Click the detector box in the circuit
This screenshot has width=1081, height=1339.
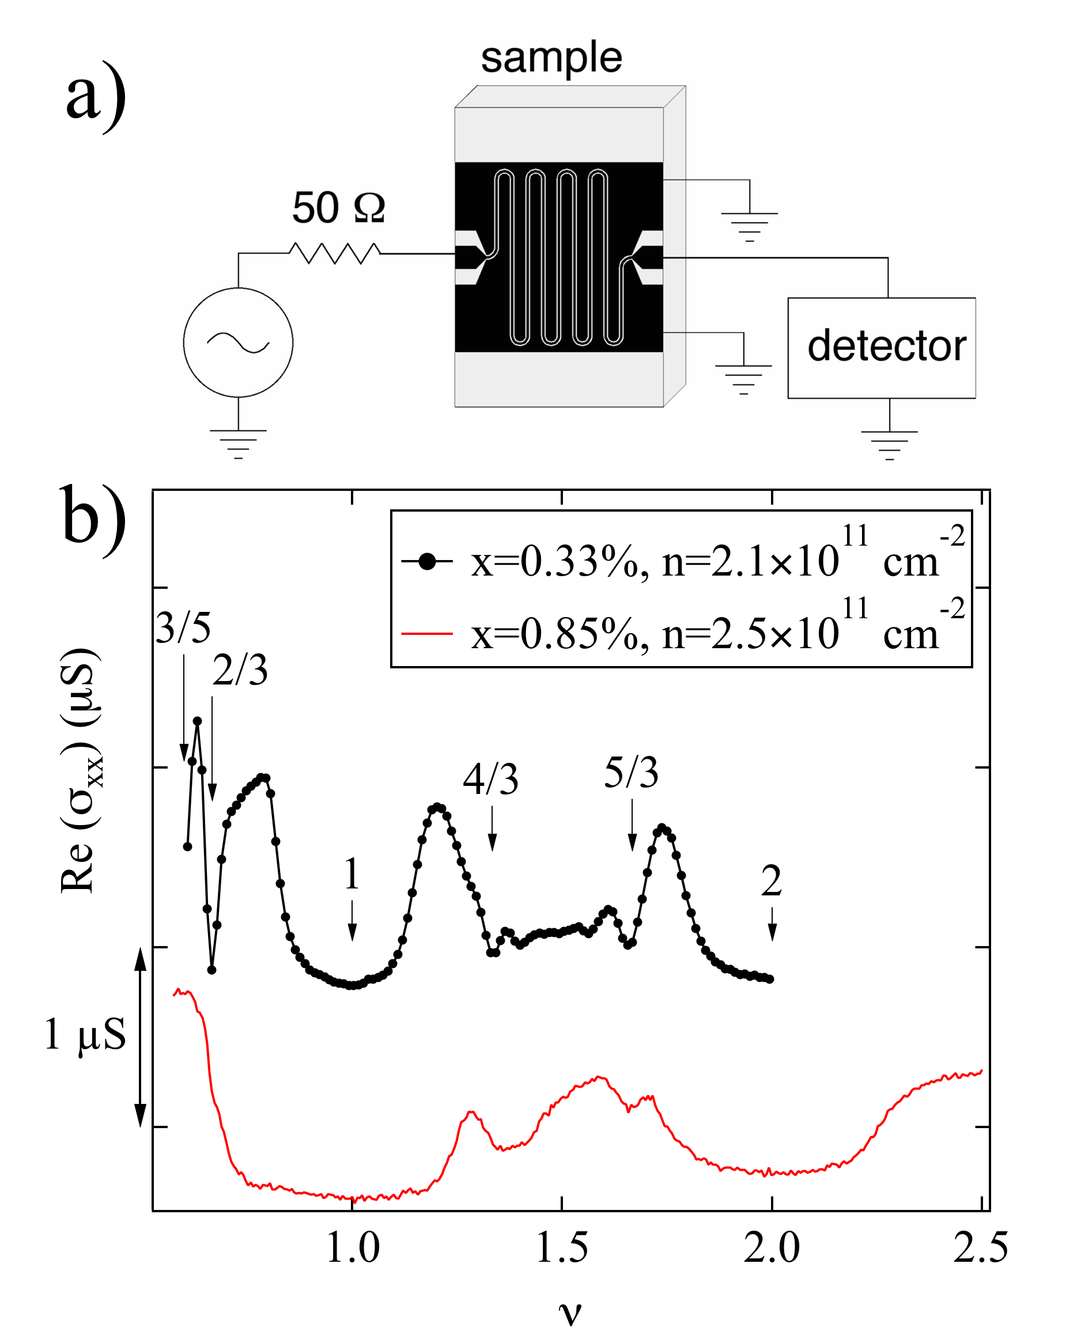click(x=880, y=347)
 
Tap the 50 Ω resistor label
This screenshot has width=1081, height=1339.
click(x=339, y=207)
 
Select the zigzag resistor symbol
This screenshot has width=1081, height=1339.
click(x=335, y=253)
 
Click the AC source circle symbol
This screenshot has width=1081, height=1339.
click(x=238, y=342)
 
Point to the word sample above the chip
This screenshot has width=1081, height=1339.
click(x=551, y=58)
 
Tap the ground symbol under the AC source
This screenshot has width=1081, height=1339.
click(x=238, y=443)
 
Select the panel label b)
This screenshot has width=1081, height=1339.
click(x=93, y=519)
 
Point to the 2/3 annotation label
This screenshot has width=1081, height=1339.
click(x=240, y=671)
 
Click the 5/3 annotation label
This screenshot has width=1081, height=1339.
click(x=631, y=773)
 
